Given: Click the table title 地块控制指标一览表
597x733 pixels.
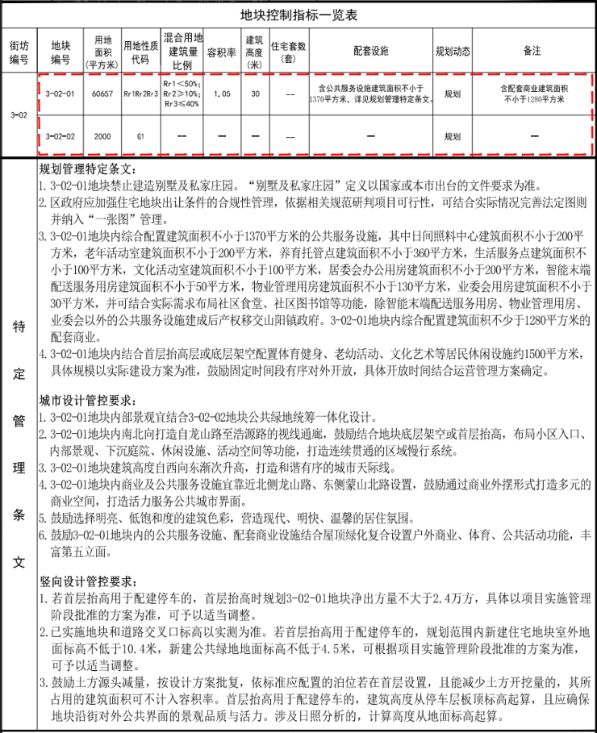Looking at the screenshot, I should tap(298, 15).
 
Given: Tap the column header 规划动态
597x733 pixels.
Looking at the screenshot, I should tap(452, 51).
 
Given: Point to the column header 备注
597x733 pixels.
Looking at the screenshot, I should tap(532, 51).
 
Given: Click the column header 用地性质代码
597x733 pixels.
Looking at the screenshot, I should tap(140, 51).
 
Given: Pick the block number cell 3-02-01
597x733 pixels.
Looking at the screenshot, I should tap(61, 94).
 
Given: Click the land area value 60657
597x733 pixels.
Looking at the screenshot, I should tap(102, 94).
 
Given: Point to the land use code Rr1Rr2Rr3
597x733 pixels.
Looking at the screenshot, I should tap(140, 94).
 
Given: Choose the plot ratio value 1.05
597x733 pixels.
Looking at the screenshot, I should tap(222, 94).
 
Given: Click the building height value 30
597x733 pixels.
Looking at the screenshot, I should tap(255, 94).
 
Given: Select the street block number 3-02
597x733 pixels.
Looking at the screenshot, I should tap(19, 115).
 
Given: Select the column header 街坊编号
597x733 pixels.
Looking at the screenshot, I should tap(19, 51).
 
